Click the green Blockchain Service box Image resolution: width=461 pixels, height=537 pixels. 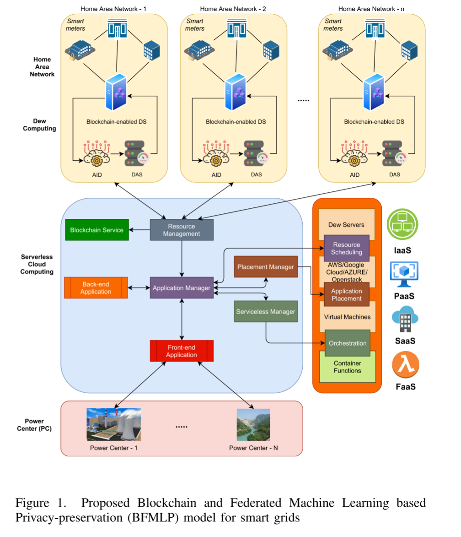[97, 230]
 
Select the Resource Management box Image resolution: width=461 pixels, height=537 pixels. [182, 230]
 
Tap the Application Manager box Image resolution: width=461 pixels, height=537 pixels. [182, 288]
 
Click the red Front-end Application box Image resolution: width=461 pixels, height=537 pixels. [182, 351]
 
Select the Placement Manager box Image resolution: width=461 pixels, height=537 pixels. [265, 267]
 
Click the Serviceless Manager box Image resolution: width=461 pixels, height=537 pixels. [265, 312]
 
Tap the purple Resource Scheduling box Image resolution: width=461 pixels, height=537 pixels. [346, 249]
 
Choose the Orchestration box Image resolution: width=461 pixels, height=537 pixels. [347, 343]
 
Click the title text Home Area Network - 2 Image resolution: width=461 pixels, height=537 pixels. [233, 9]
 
